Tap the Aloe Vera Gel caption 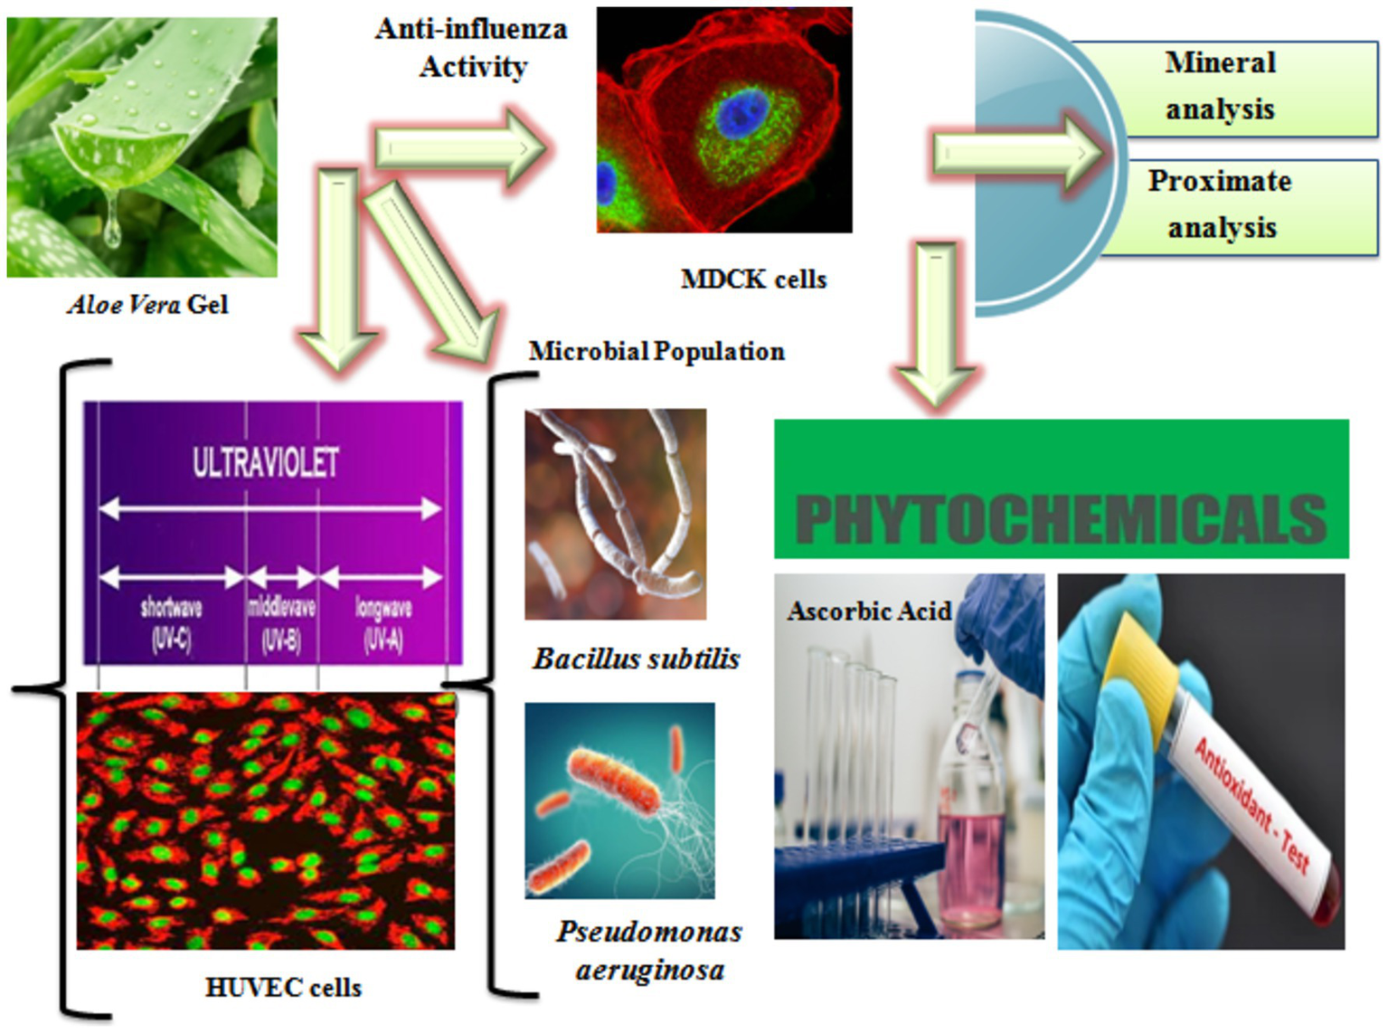click(x=148, y=305)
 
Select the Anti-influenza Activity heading click(x=472, y=48)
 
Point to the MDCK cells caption click(x=753, y=280)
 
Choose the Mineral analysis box click(x=1221, y=87)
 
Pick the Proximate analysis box click(x=1221, y=205)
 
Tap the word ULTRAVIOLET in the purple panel click(x=265, y=462)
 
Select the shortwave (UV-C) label click(x=171, y=623)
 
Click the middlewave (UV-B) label click(x=281, y=623)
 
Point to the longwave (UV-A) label click(x=383, y=623)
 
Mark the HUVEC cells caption click(x=283, y=987)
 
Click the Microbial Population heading click(x=656, y=351)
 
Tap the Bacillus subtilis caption click(x=637, y=659)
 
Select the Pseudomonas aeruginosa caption click(x=649, y=951)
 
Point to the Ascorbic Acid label click(x=869, y=611)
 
